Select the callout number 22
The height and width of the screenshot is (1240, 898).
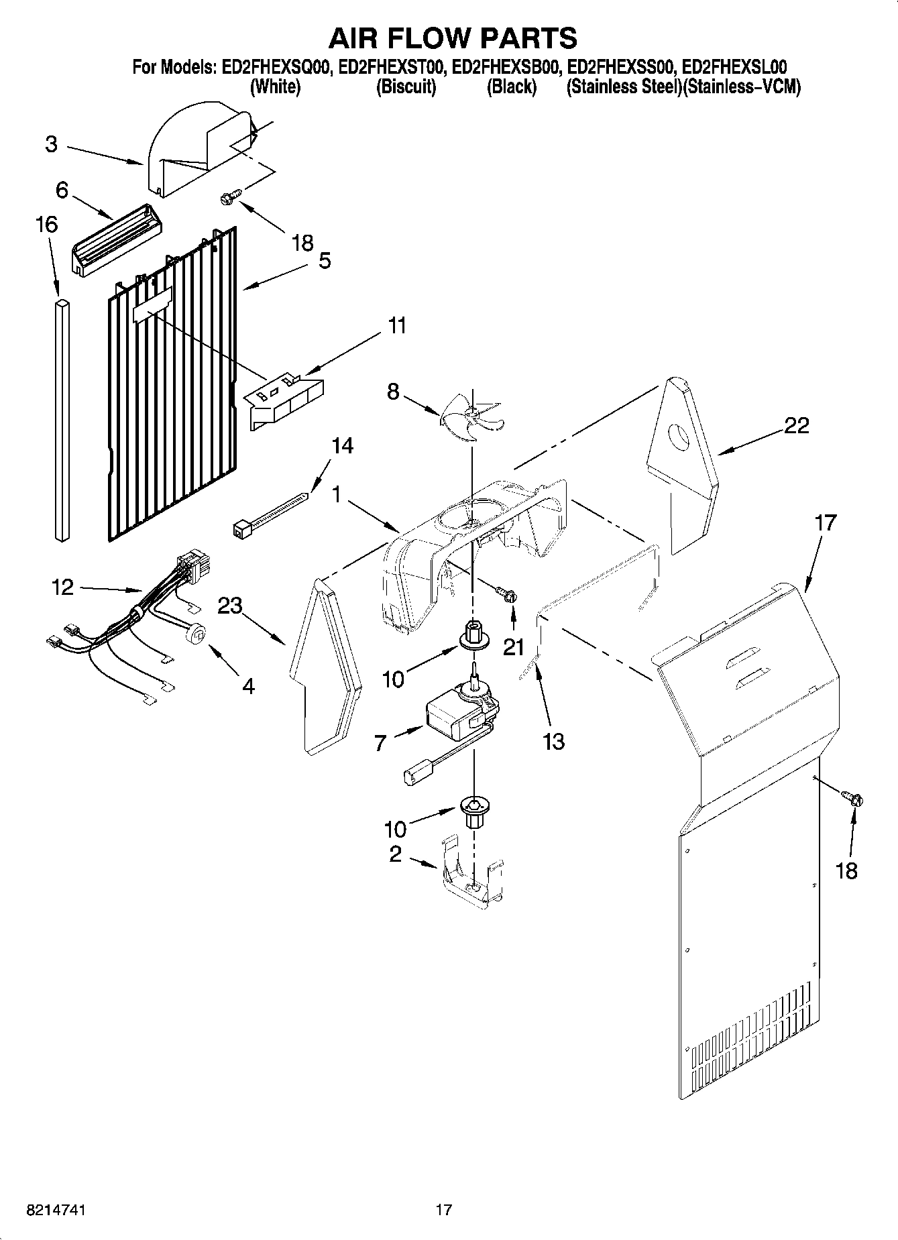click(x=796, y=425)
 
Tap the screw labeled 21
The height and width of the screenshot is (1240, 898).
click(x=506, y=593)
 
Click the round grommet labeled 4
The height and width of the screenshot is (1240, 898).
click(x=196, y=632)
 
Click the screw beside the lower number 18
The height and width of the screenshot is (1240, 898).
click(x=852, y=798)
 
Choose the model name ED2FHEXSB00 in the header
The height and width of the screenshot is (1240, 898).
click(x=508, y=67)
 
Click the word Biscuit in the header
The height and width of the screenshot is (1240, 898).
click(x=406, y=87)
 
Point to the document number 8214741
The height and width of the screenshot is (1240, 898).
click(x=57, y=1210)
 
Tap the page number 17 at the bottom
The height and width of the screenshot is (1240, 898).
click(x=443, y=1210)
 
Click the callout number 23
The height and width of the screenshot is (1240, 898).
click(x=229, y=606)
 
